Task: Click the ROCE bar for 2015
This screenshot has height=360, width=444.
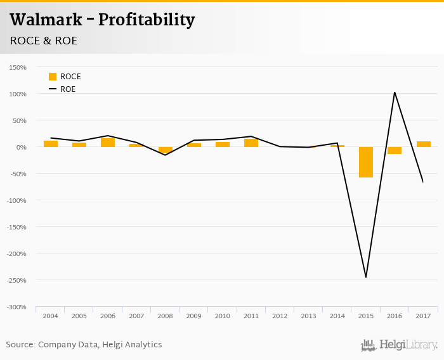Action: pos(366,162)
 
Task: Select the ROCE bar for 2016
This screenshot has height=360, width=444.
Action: pos(395,150)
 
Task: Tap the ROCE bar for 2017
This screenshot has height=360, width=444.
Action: pos(423,144)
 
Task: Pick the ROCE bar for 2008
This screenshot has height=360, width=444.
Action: pos(166,150)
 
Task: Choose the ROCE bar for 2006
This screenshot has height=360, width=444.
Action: pos(108,143)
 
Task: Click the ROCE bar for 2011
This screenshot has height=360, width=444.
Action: pos(251,143)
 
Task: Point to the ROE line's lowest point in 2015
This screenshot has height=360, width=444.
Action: pos(366,277)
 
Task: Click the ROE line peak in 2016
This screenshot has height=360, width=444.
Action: pos(395,93)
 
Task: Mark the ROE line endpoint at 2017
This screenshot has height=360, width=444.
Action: pos(423,182)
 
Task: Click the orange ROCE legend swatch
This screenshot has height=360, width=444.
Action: pos(53,77)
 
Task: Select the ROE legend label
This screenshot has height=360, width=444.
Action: pos(68,89)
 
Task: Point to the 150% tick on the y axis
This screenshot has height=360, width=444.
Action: pos(18,67)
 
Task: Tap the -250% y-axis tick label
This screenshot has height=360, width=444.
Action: pos(16,280)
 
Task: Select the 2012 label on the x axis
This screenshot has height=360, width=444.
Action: pos(280,315)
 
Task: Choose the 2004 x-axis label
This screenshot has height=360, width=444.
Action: pos(50,315)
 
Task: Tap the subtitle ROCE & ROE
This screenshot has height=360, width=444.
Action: pos(44,41)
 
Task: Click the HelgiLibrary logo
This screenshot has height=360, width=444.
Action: pos(400,345)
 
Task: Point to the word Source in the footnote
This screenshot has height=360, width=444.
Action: pos(20,345)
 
